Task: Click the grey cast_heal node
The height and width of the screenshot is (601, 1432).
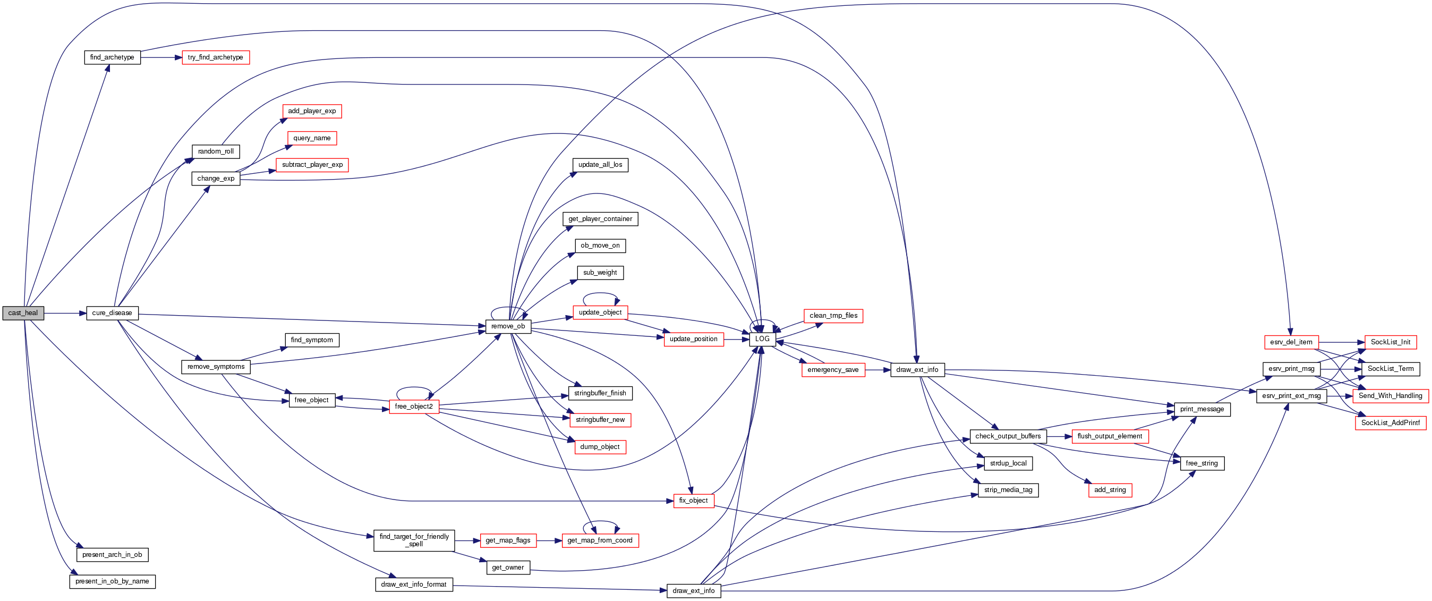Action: coord(23,313)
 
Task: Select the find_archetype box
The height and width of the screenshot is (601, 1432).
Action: coord(112,57)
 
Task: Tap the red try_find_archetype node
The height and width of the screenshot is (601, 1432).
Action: coord(216,57)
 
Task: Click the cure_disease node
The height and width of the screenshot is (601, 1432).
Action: coord(112,313)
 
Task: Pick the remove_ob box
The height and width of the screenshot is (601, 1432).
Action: coord(508,326)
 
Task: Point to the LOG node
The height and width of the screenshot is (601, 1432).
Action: coord(762,339)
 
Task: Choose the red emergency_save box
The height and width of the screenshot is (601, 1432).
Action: coord(833,370)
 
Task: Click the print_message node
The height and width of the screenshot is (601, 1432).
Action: coord(1202,409)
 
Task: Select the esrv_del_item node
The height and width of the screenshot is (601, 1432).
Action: coord(1291,342)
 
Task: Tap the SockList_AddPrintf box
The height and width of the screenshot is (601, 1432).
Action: coord(1391,423)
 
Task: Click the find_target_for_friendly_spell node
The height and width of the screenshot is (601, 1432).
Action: coord(414,540)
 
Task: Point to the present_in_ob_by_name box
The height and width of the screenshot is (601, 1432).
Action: coord(112,581)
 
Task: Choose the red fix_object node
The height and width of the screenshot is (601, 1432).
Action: coord(693,501)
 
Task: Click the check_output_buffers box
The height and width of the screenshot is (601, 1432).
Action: coord(1008,436)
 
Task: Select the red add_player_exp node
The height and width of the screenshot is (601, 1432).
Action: coord(312,111)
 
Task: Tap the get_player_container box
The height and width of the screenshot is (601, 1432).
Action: coord(600,219)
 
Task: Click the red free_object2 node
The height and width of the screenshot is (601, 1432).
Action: coord(414,407)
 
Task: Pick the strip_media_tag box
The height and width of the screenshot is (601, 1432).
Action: coord(1008,490)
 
